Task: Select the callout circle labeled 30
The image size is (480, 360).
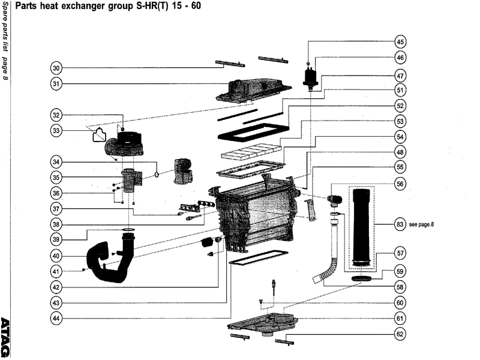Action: tap(56, 68)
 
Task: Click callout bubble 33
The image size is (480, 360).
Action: tap(56, 130)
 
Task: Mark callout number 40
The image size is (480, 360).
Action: tap(56, 255)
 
